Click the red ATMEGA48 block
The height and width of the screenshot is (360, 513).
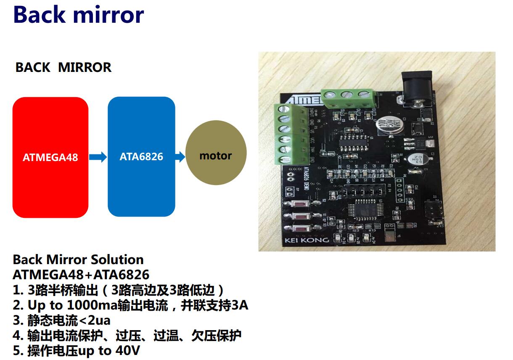(50, 157)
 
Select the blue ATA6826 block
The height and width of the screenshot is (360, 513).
(141, 156)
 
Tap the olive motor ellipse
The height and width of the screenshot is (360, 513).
(216, 156)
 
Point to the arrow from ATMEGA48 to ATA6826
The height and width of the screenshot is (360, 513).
(98, 157)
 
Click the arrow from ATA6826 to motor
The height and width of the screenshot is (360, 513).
(180, 157)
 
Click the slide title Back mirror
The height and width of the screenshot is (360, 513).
(79, 15)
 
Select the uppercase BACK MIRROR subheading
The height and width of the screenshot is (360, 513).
(63, 67)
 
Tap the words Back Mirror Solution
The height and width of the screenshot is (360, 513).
(78, 259)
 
